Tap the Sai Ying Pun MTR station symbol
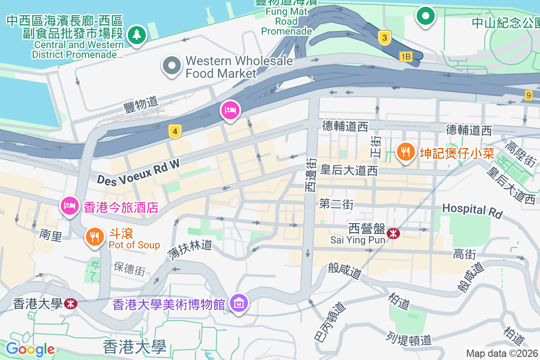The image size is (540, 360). pyautogui.click(x=393, y=233)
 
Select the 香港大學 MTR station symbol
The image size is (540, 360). pyautogui.click(x=70, y=304)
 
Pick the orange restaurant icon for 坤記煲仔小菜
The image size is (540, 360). pyautogui.click(x=405, y=152)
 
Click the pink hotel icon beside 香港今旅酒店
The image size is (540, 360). pyautogui.click(x=69, y=206)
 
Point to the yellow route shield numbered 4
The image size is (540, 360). pyautogui.click(x=175, y=131)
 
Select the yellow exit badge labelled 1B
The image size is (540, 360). pyautogui.click(x=405, y=56)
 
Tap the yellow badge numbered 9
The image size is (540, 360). pyautogui.click(x=528, y=95)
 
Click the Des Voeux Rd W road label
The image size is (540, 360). pyautogui.click(x=138, y=172)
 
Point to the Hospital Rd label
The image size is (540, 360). pyautogui.click(x=472, y=210)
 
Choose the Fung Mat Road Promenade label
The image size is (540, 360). pyautogui.click(x=287, y=21)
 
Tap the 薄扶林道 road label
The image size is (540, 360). pyautogui.click(x=189, y=250)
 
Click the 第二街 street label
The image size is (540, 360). pyautogui.click(x=336, y=204)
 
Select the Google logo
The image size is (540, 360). pyautogui.click(x=30, y=349)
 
